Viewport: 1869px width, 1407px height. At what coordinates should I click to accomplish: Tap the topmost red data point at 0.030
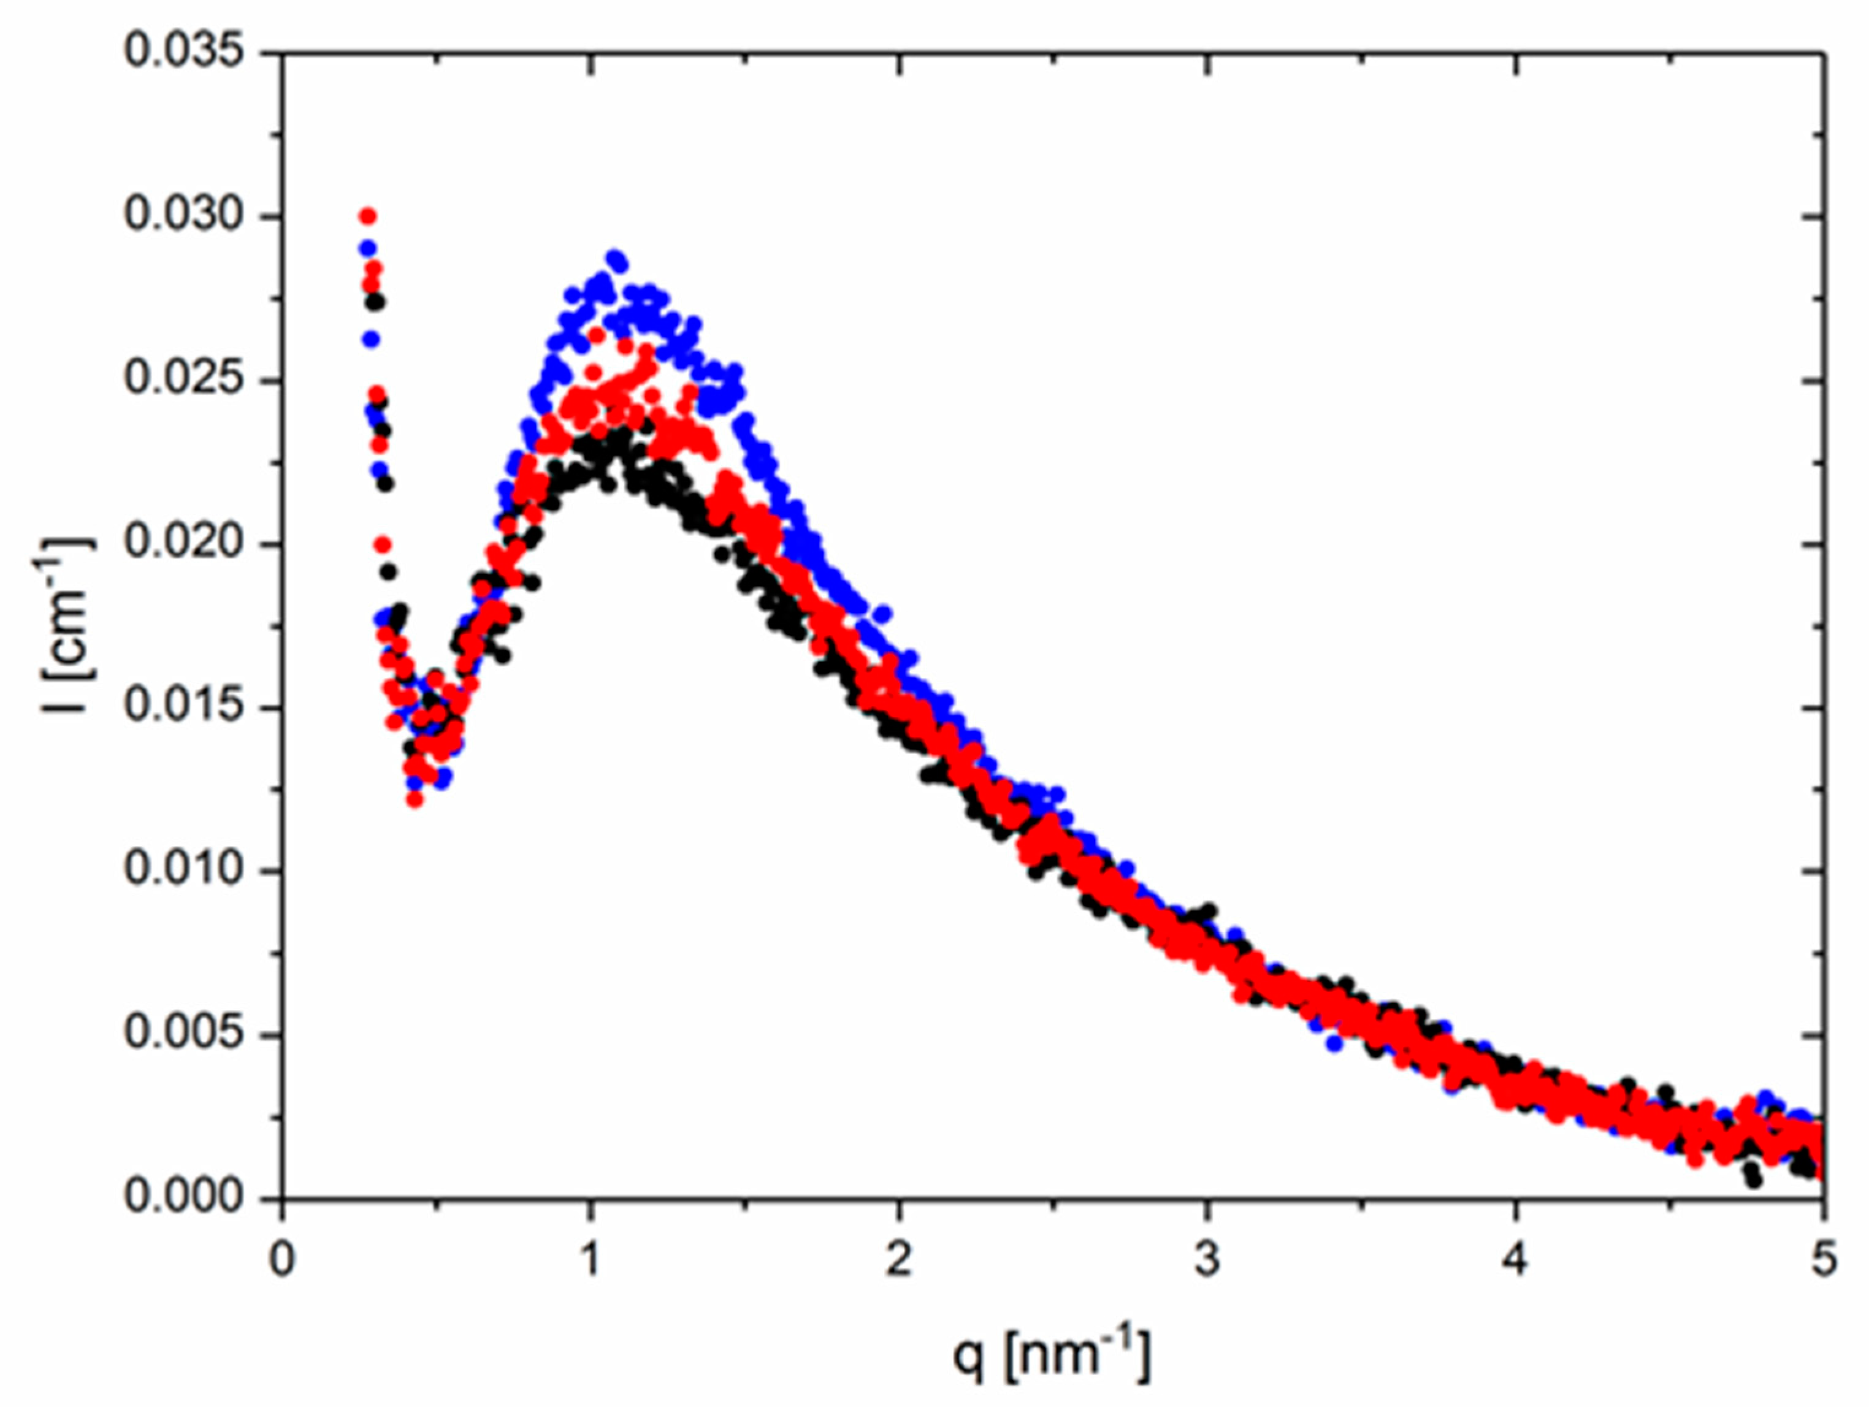click(367, 216)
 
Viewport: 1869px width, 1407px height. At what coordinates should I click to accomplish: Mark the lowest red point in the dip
click(414, 799)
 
